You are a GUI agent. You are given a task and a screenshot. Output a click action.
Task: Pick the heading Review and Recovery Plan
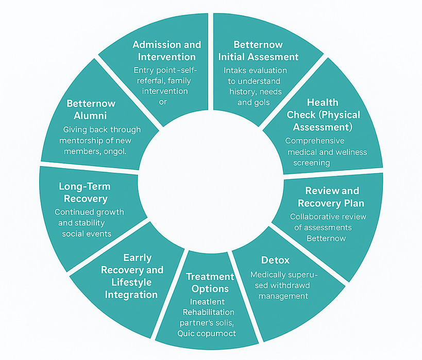tap(333, 197)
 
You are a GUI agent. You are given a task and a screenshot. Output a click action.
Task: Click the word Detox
tap(275, 260)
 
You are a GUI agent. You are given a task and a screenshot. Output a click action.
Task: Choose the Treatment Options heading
tap(210, 283)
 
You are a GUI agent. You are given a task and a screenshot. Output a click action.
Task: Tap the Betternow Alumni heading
tap(91, 109)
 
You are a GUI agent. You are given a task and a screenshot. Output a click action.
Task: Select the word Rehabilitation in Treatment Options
tap(208, 313)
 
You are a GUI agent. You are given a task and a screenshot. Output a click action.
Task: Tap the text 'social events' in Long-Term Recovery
tap(87, 234)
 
